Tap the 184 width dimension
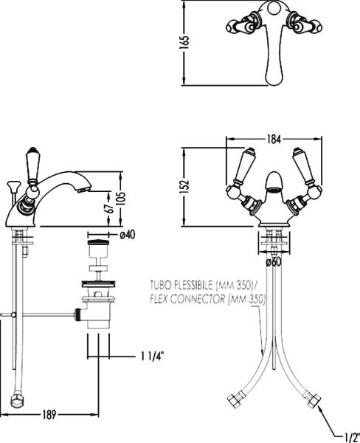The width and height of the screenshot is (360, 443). (x=274, y=139)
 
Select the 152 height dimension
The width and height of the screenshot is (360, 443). (x=184, y=186)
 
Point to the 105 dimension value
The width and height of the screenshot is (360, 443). (x=122, y=199)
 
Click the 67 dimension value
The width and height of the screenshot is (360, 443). (x=110, y=208)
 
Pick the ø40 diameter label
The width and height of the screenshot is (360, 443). (x=128, y=235)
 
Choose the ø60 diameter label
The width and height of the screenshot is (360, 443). (x=274, y=262)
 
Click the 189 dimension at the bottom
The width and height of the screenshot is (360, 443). (x=49, y=415)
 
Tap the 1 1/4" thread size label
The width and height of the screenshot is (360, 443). (x=153, y=357)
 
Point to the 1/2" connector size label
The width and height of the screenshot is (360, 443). (x=352, y=438)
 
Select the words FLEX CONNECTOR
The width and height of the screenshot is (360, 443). (x=187, y=298)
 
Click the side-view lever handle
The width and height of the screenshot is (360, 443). (x=32, y=165)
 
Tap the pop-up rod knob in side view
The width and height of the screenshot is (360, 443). (x=13, y=185)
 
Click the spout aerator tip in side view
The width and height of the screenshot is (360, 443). (x=84, y=189)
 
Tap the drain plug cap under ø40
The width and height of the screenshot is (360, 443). (x=98, y=243)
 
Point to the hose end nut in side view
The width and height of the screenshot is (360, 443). (x=18, y=399)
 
